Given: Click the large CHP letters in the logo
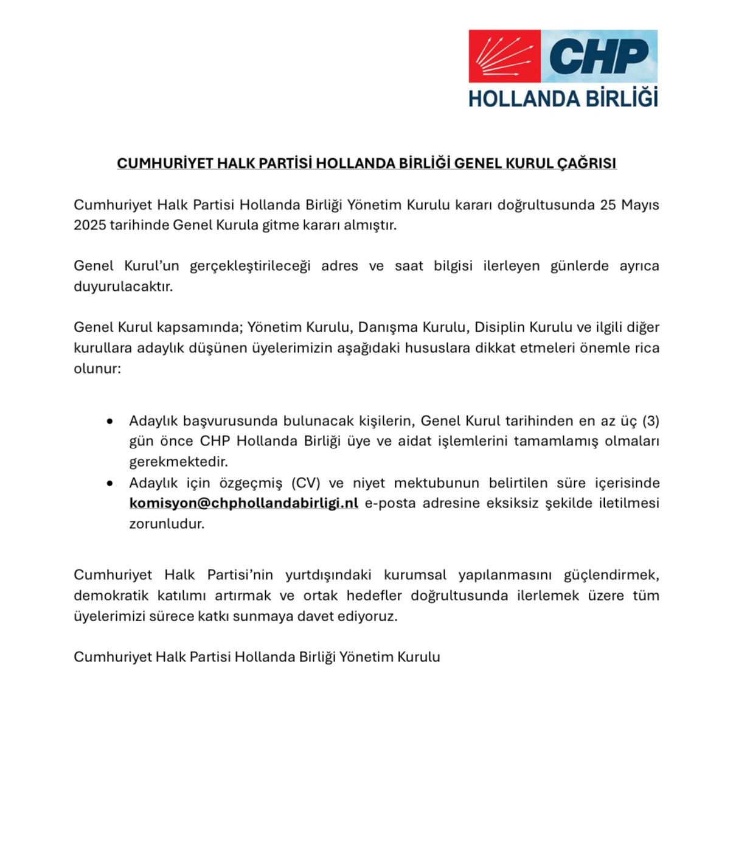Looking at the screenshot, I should click(599, 56).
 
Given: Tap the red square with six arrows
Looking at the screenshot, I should click(504, 56).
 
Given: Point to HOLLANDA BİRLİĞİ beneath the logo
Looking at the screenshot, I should click(563, 98).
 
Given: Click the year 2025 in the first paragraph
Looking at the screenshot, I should click(89, 225).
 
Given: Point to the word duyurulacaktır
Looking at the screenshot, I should click(123, 287).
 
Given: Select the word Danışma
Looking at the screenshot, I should click(382, 327).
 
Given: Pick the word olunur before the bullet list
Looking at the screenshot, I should click(97, 369).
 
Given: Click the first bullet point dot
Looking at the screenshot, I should click(109, 421).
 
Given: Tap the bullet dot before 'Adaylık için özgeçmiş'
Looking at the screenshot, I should click(109, 483).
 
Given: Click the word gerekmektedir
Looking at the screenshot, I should click(178, 462).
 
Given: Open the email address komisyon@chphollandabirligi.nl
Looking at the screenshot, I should click(243, 503).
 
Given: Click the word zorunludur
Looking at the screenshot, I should click(167, 524).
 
